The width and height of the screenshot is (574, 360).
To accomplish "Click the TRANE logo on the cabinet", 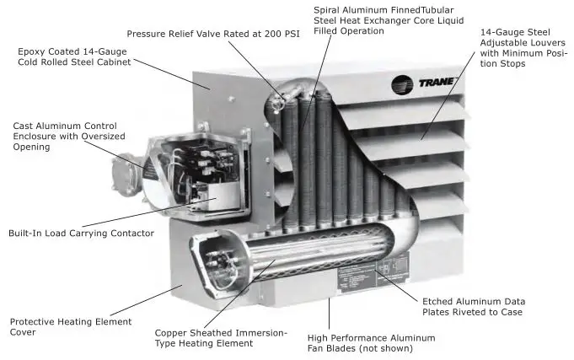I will click(426, 83).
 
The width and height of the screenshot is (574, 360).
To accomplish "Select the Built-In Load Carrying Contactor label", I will click(81, 233).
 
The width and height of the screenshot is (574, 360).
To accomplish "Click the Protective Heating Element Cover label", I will click(70, 327).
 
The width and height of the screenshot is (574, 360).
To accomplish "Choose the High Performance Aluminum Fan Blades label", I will click(371, 342).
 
